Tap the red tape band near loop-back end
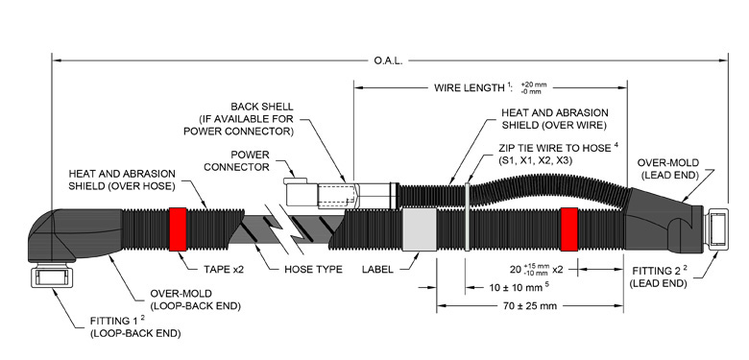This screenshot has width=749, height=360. click(x=178, y=228)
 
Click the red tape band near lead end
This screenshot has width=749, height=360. click(x=568, y=228)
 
